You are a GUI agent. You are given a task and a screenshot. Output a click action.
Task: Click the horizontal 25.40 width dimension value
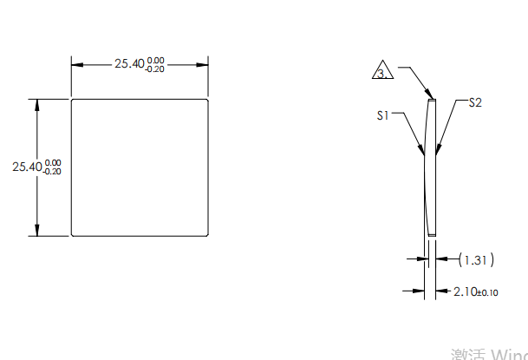129,64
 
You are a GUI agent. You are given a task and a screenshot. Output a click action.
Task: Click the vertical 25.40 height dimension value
27,167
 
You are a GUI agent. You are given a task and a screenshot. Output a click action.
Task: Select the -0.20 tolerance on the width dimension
154,69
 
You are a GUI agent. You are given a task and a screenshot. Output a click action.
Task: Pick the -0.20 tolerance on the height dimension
52,172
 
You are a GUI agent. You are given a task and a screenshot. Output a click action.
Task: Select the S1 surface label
383,115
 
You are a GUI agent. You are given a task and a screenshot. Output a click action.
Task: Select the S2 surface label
474,102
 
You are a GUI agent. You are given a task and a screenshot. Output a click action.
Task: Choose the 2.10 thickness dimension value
466,291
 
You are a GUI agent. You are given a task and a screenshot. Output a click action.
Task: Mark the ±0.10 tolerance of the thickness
488,292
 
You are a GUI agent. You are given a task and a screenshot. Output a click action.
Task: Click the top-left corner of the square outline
71,100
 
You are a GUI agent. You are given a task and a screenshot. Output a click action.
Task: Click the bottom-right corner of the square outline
209,235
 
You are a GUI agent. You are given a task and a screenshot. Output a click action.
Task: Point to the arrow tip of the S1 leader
424,155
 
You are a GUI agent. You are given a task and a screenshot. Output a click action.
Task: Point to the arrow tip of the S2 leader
437,155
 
